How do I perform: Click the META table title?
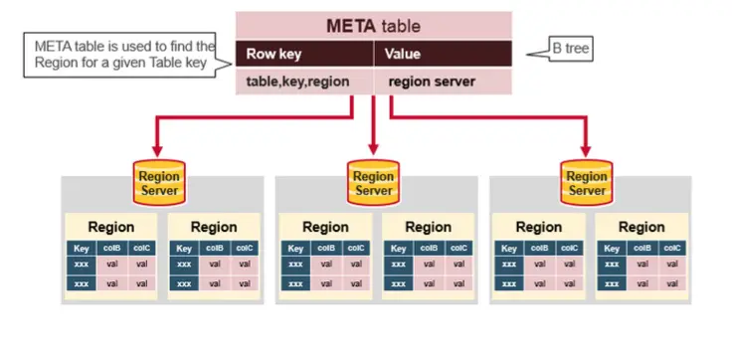373,25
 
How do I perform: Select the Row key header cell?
303,55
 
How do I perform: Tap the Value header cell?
443,55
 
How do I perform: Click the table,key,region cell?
303,83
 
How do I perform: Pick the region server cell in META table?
443,83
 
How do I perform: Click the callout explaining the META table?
123,54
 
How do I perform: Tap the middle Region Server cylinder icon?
373,179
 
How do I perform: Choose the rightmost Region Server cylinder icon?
587,179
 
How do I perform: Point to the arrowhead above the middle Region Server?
373,149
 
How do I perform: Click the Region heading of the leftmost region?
110,227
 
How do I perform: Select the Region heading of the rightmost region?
641,227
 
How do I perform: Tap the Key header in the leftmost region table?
82,249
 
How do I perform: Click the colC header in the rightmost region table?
672,249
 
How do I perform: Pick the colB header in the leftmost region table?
112,249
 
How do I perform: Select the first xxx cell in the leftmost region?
82,266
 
